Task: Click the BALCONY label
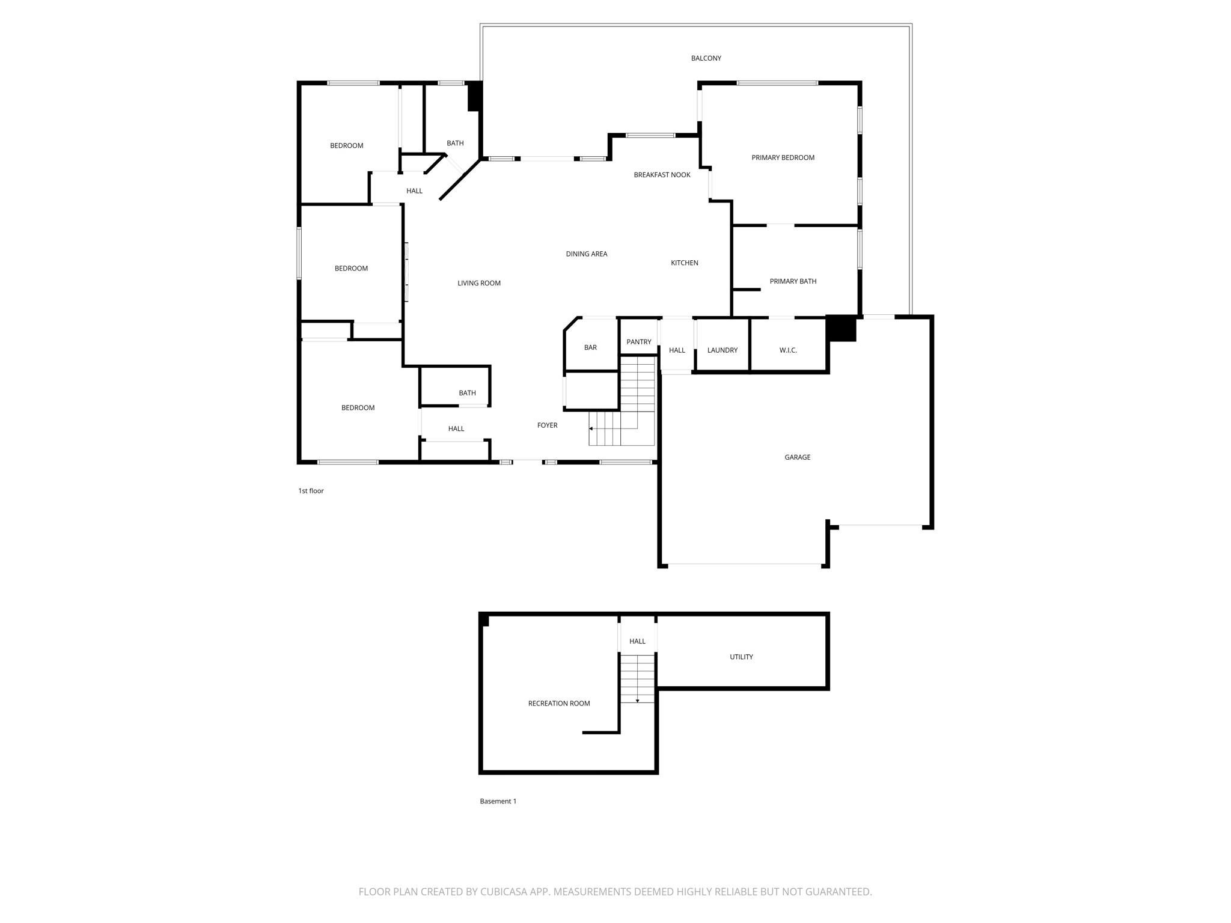[706, 58]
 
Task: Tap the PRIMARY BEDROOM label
[783, 157]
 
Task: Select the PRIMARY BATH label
[793, 281]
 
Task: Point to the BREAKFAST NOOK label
[662, 175]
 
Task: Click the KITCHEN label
[684, 263]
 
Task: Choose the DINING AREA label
[586, 254]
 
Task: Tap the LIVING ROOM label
[478, 283]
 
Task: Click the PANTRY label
[638, 342]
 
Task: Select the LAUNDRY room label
[722, 350]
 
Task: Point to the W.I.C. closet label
[787, 350]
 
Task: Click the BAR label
[590, 347]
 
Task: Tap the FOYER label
[547, 425]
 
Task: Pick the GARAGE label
[797, 457]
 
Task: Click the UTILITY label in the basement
[741, 657]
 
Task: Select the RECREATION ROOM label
[559, 703]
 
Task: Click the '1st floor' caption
[311, 491]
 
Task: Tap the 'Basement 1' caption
[498, 801]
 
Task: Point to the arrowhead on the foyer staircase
[591, 428]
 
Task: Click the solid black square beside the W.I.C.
[841, 329]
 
